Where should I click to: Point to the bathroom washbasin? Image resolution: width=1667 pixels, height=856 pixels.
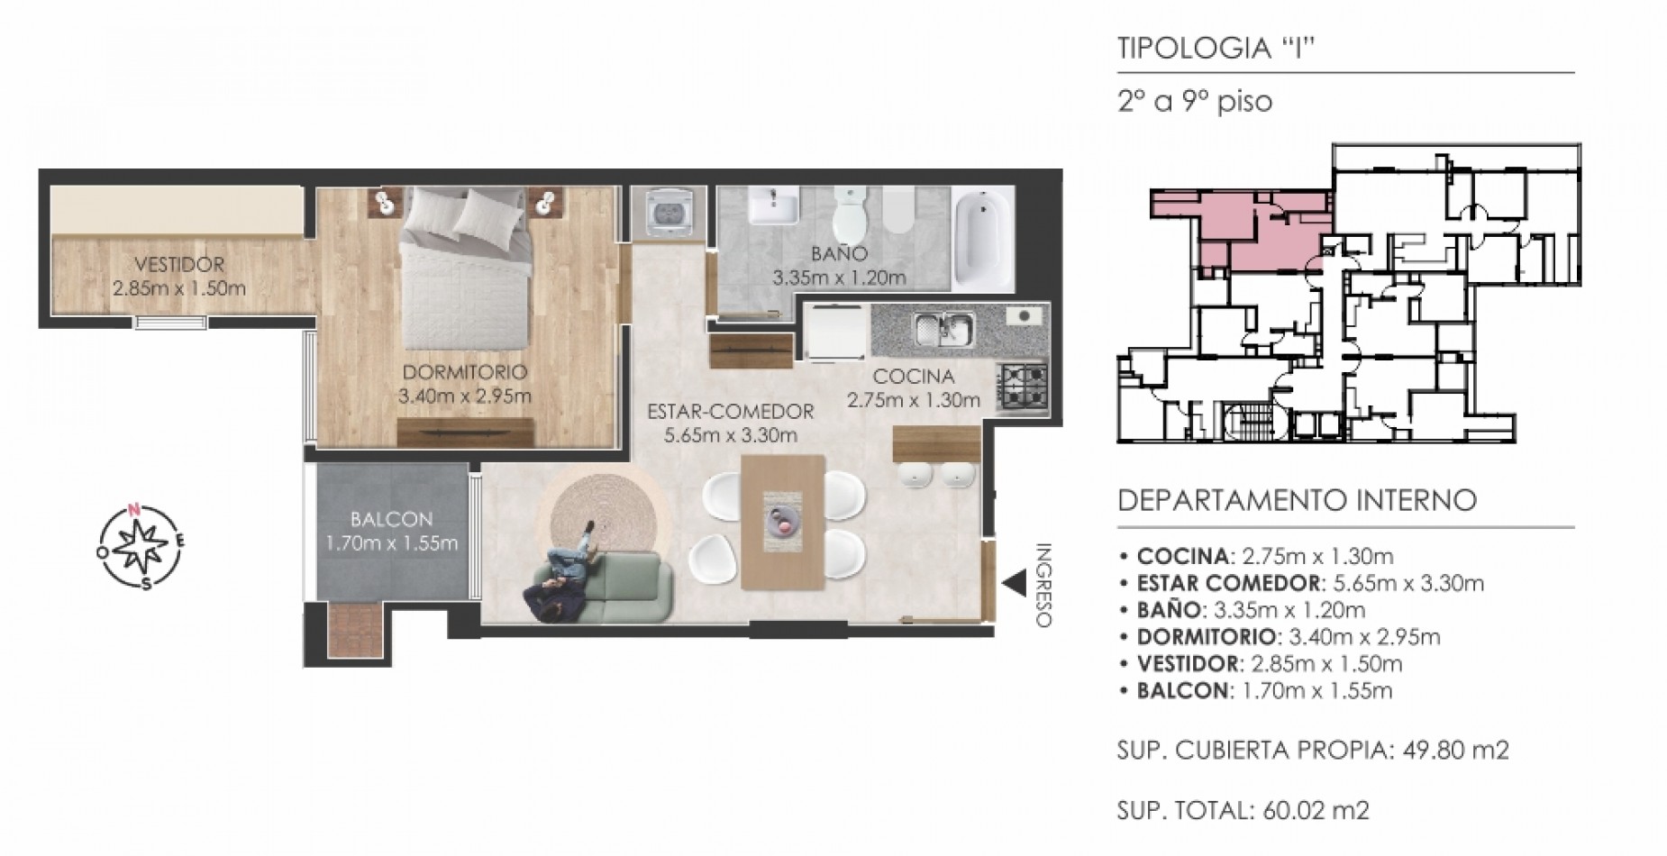(774, 206)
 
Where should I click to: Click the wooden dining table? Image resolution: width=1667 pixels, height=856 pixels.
(783, 522)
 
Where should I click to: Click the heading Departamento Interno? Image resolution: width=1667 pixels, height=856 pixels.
(1298, 500)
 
